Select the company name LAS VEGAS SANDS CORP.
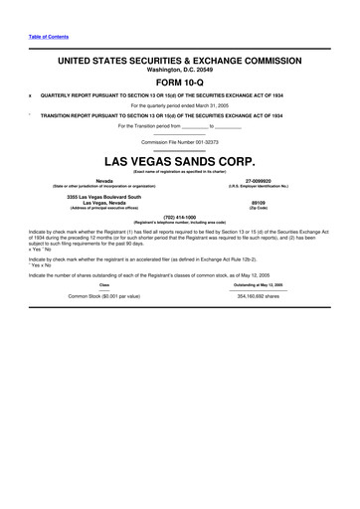tap(180, 160)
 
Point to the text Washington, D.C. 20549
tap(180, 70)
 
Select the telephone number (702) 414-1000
tap(180, 216)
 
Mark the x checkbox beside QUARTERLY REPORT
tap(31, 96)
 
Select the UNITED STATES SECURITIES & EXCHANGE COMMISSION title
tap(180, 60)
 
